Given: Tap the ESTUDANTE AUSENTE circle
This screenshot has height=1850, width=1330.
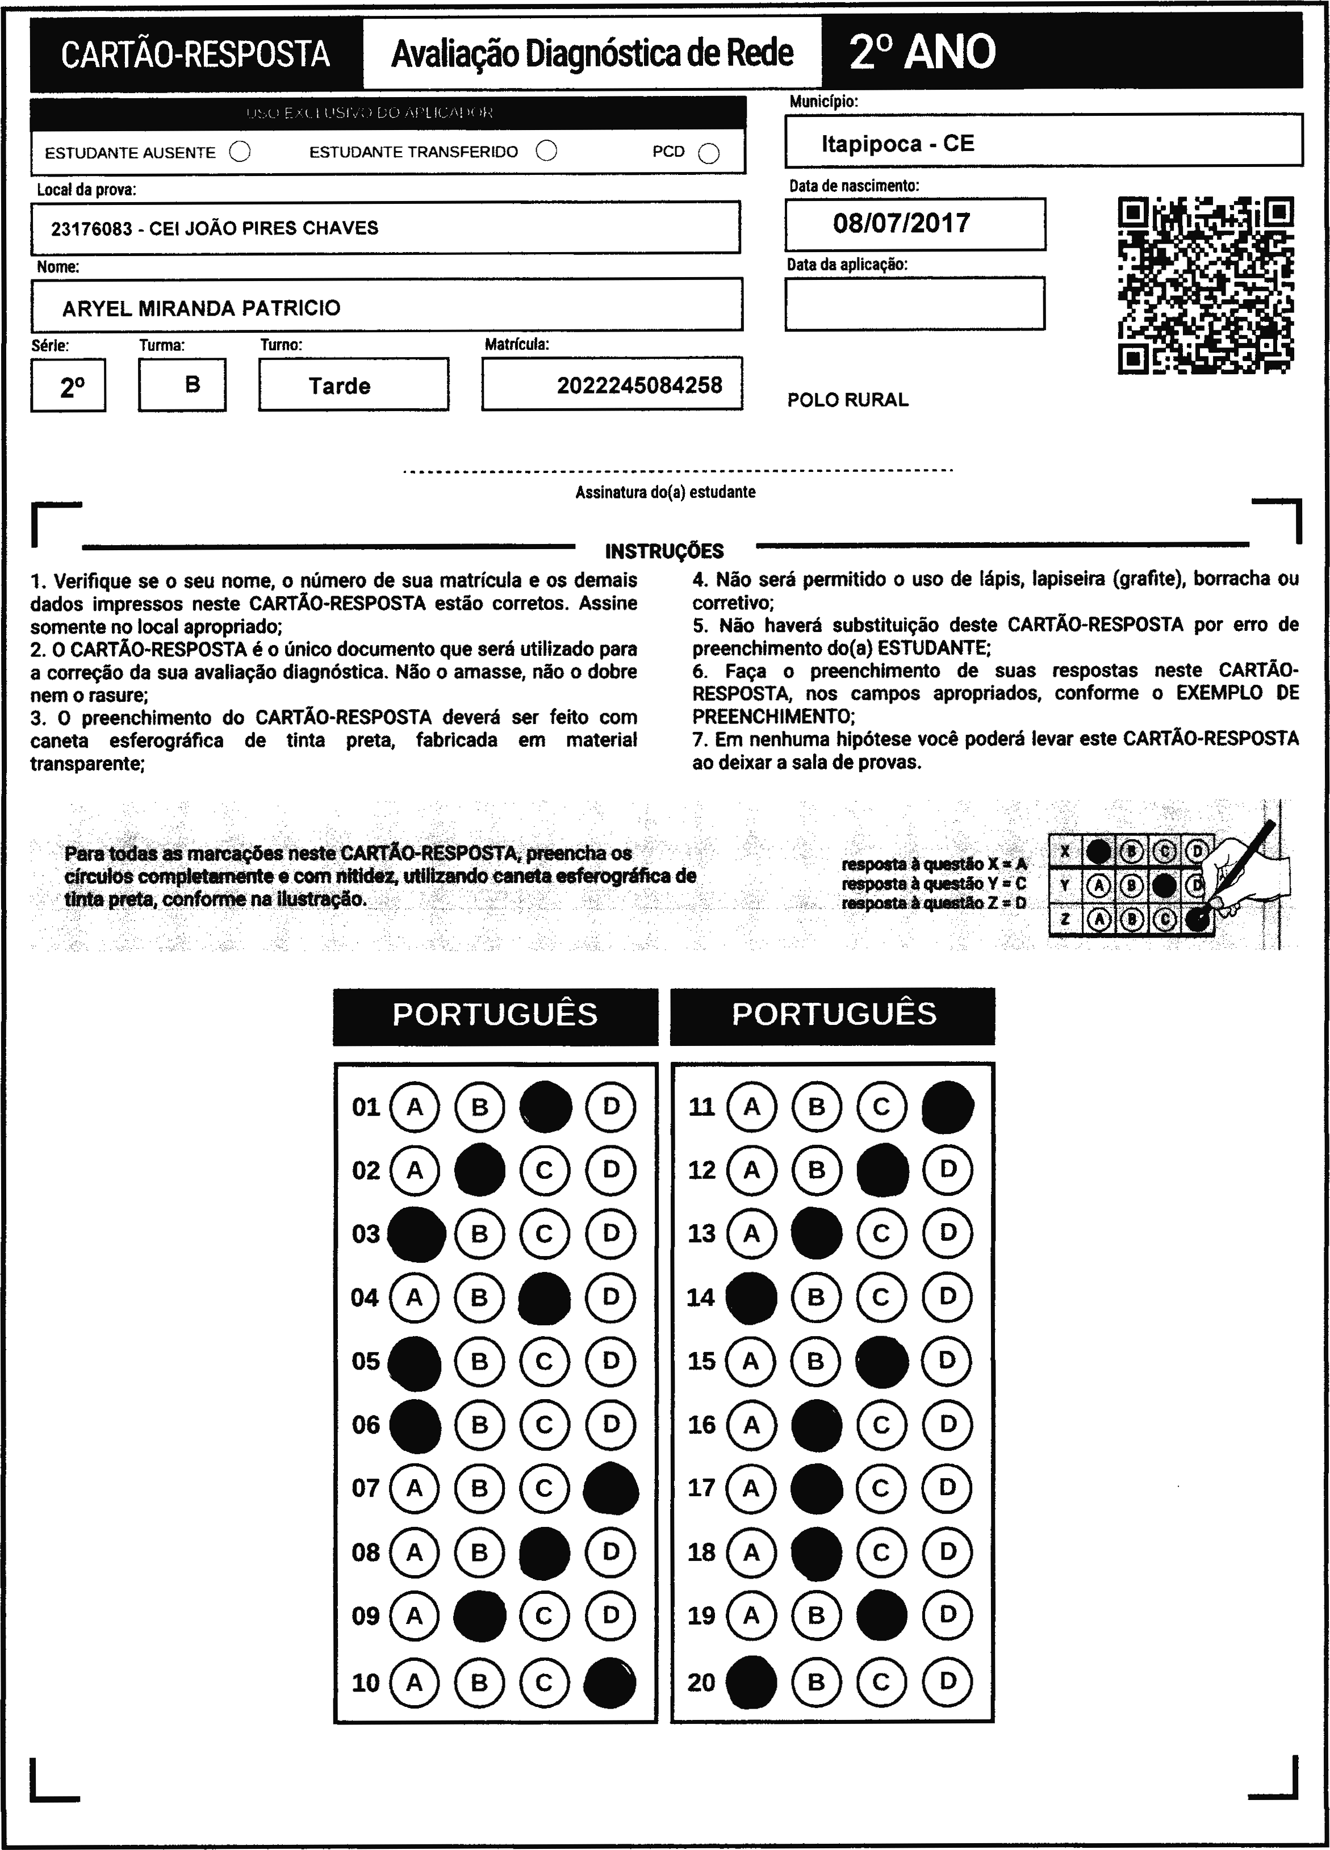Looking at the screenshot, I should [x=240, y=152].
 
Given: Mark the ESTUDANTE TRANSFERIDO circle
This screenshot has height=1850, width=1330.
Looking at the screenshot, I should [x=547, y=151].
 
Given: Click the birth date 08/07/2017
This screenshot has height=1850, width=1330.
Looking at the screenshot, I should [x=902, y=224].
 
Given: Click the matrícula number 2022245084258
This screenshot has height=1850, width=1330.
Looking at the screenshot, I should [x=639, y=385].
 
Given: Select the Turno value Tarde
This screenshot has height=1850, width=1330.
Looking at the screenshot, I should [x=340, y=386].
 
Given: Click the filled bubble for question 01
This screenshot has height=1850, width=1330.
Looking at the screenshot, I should [x=545, y=1107].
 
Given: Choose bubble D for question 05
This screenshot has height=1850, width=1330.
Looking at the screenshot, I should [x=610, y=1361].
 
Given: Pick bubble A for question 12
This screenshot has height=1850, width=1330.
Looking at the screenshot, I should [x=751, y=1170].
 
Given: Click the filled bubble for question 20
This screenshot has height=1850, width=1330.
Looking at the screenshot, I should [x=751, y=1682].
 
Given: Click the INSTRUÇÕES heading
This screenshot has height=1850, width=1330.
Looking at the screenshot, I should [x=664, y=551].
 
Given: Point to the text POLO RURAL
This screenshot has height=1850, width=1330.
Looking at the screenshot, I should [x=848, y=400].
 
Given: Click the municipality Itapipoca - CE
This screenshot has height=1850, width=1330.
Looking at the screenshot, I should [x=897, y=144].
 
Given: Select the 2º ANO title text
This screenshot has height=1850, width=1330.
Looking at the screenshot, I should [x=922, y=52].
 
